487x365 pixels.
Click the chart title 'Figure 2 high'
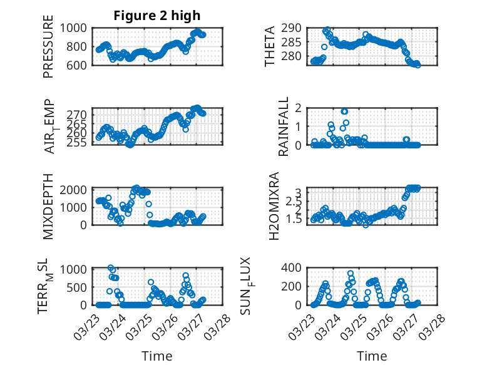pyautogui.click(x=156, y=16)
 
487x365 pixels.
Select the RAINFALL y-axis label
pyautogui.click(x=283, y=126)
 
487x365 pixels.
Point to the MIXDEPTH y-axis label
pyautogui.click(x=48, y=207)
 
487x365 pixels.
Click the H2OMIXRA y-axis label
pyautogui.click(x=274, y=207)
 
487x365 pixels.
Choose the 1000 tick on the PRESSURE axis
pyautogui.click(x=75, y=28)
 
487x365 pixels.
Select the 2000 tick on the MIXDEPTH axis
pyautogui.click(x=75, y=190)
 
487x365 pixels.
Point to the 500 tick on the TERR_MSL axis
pyautogui.click(x=79, y=287)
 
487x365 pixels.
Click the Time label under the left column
pyautogui.click(x=156, y=356)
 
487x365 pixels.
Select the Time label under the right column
pyautogui.click(x=372, y=356)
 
